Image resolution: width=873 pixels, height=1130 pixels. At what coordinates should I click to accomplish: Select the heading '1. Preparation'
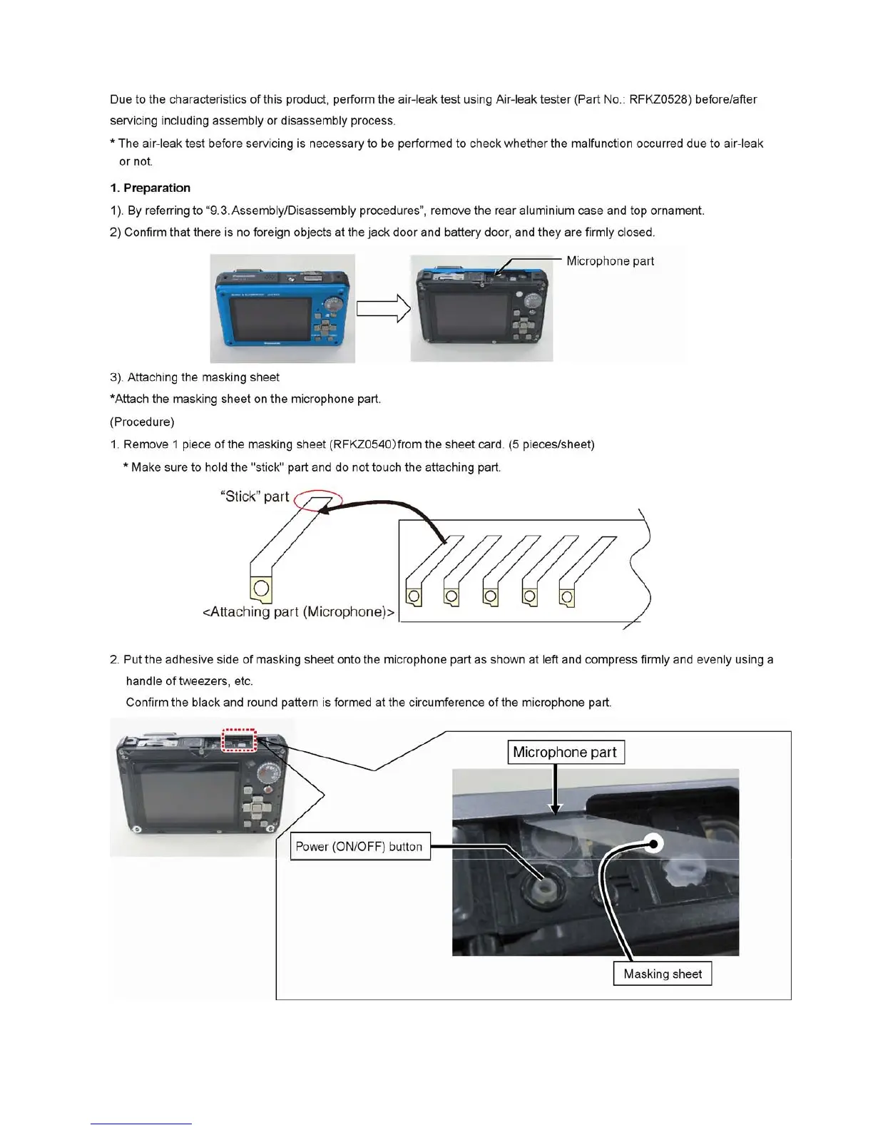click(x=150, y=188)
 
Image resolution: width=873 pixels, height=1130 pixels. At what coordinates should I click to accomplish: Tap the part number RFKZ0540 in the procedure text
click(x=362, y=445)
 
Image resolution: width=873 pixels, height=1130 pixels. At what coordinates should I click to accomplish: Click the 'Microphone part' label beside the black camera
click(x=610, y=261)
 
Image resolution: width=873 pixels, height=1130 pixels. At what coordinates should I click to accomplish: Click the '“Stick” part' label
click(x=255, y=497)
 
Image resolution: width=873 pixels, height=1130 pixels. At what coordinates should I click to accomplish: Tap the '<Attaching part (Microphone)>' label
click(x=299, y=612)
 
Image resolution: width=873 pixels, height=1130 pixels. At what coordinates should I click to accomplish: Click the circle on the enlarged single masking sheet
click(x=262, y=588)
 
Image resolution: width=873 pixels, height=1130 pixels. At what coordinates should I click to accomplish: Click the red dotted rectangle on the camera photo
click(x=239, y=740)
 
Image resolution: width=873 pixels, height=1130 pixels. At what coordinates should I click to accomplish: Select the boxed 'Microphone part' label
click(x=566, y=753)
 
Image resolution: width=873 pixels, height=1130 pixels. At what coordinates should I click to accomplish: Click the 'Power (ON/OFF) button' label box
click(x=359, y=847)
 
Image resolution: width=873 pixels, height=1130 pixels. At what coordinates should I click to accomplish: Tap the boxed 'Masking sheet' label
click(x=663, y=974)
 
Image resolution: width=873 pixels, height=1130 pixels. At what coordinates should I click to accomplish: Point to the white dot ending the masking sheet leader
click(x=654, y=844)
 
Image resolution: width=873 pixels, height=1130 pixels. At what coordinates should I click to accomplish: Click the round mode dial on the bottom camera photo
click(x=269, y=775)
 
